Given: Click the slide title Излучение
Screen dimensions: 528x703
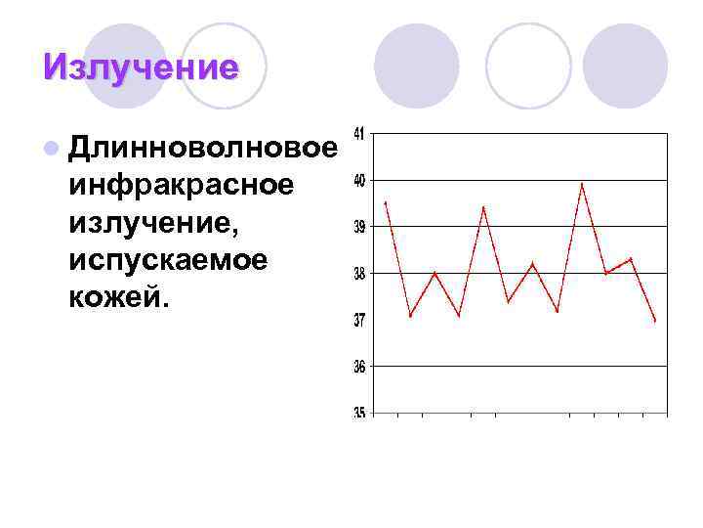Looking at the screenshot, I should coord(141,66).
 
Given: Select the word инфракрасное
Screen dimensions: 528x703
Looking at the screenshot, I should coord(180,185).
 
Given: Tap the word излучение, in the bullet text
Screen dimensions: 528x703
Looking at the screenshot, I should coord(154,223).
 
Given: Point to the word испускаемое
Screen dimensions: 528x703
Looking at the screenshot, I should coord(169,260).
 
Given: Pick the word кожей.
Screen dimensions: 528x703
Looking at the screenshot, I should coord(119,297).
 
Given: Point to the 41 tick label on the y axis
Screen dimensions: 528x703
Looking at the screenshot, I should coord(360,134).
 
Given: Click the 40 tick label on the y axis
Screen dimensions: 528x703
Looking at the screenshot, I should coord(360,180).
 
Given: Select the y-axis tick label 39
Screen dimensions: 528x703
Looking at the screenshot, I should coord(360,227).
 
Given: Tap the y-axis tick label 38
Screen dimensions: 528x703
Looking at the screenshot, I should coord(360,274).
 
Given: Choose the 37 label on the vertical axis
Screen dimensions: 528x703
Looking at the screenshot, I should coord(360,320).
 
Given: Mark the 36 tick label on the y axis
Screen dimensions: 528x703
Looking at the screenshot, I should coord(360,367).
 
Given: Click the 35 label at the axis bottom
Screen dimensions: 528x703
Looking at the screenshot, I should coord(360,413).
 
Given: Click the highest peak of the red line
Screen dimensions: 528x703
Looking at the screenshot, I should coord(582,183).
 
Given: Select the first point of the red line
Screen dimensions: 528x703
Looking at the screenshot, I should coord(386,202).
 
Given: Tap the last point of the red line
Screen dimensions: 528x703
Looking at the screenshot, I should coord(655,321).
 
